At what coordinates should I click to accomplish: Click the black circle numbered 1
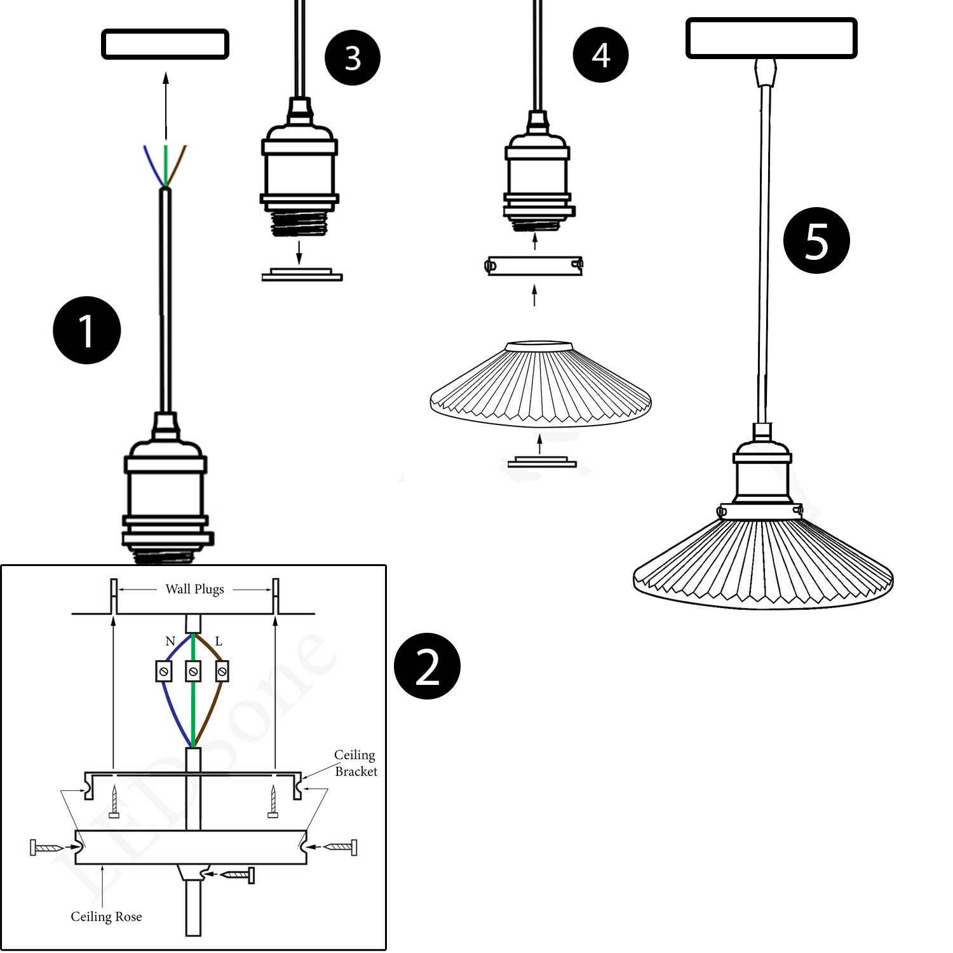coord(86,330)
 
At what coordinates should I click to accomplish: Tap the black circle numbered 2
coord(427,666)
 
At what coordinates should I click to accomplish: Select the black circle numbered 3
coord(353,58)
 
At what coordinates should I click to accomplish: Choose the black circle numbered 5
coord(816,240)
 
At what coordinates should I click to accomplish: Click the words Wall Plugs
coord(194,589)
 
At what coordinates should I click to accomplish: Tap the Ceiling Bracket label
coord(355,763)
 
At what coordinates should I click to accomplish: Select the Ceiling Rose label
coord(106,917)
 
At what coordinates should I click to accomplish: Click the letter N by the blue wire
coord(170,641)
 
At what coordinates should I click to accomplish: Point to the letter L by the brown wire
coord(219,641)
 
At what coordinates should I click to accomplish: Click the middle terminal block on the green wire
coord(193,671)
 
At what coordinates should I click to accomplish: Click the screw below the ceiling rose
coord(239,875)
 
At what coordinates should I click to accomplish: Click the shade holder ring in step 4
coord(534,265)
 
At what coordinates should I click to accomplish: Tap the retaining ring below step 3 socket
coord(302,274)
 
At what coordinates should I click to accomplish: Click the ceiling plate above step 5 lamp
coord(771,38)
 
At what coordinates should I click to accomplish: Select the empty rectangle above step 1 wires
coord(165,44)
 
